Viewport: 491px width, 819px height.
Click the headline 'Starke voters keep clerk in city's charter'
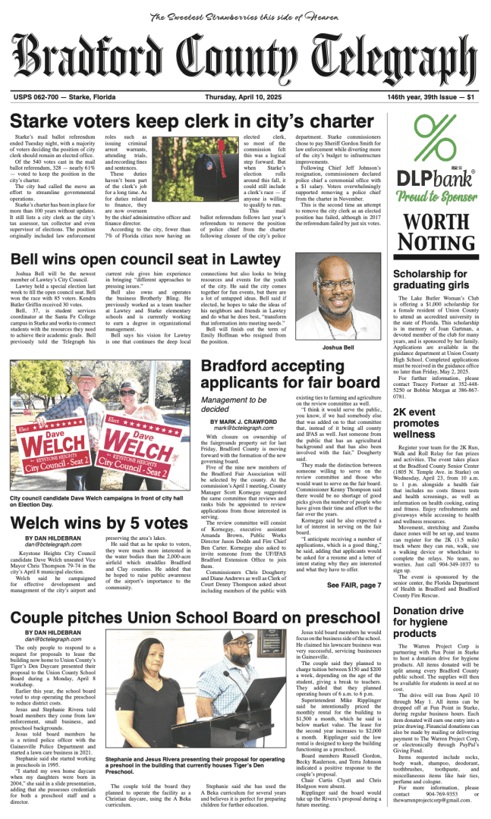pos(192,121)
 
